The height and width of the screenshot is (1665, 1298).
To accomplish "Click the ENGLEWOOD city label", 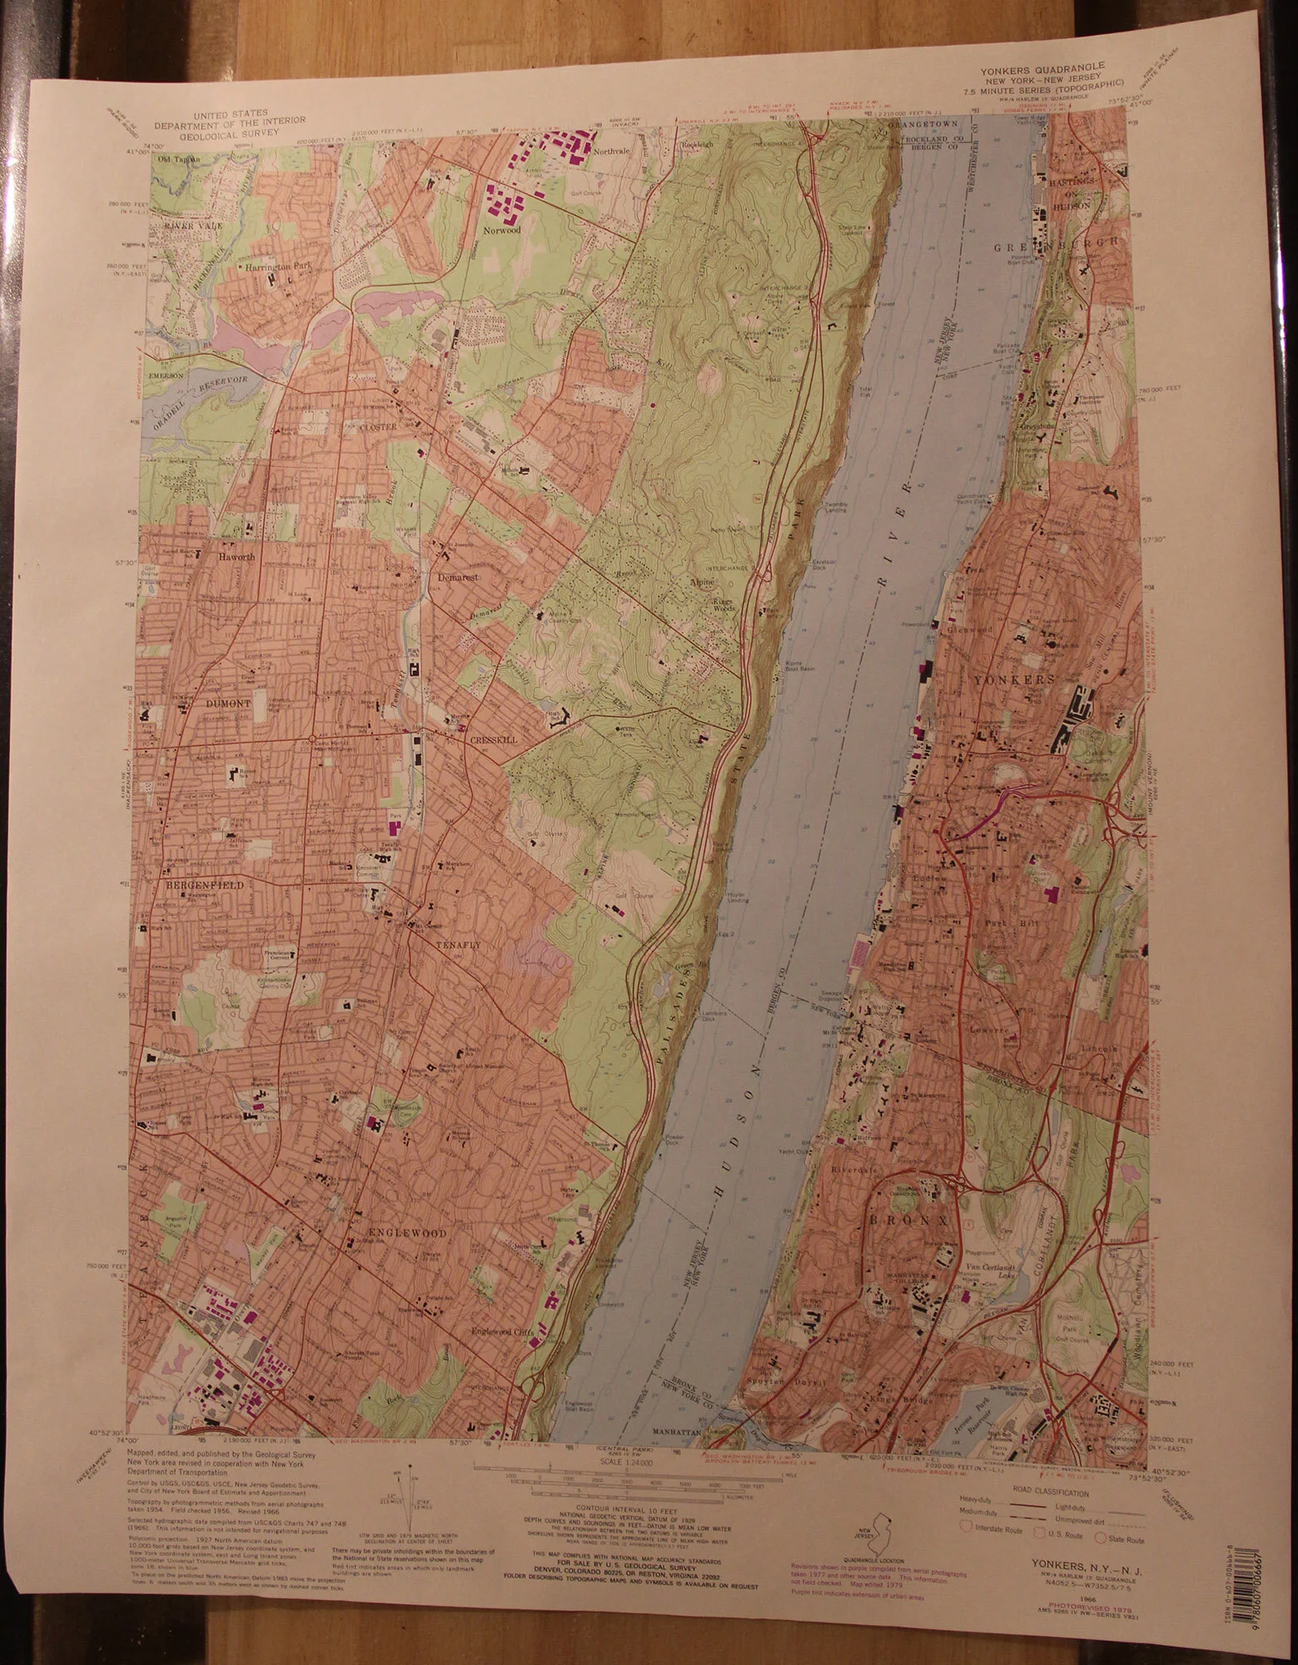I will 409,1231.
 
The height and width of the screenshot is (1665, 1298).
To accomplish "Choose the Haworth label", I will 240,555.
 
